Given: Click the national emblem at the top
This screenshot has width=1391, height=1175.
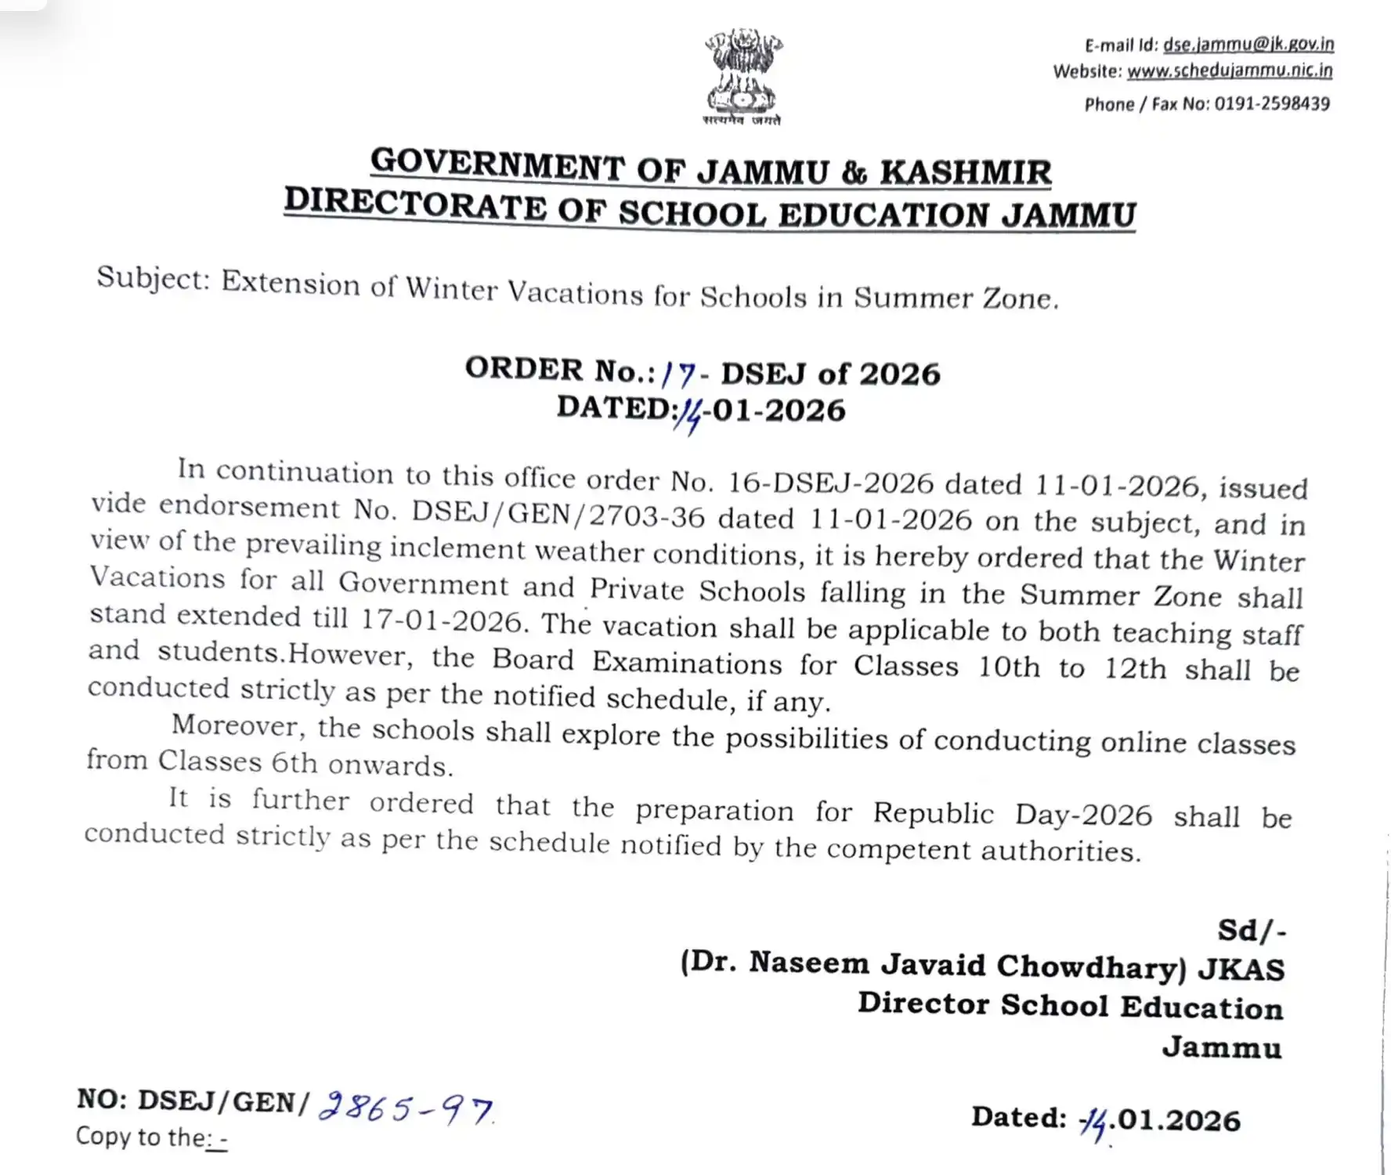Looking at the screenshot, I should (x=742, y=75).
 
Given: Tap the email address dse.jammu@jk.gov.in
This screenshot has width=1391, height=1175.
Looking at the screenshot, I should (x=1248, y=44).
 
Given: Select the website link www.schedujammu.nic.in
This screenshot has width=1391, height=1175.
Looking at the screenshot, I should (x=1230, y=70).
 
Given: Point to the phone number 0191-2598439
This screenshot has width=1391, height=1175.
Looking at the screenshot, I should (x=1272, y=103).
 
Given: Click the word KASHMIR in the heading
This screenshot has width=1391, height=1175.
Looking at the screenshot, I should (x=965, y=172).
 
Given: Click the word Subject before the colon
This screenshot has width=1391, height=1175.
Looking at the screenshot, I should (x=150, y=277).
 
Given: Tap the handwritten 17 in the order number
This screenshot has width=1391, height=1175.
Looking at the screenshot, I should (x=678, y=374).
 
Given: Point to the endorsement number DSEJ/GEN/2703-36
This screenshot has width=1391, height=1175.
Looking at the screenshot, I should (x=558, y=513).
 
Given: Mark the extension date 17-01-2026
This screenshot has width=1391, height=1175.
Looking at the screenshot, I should (x=441, y=620).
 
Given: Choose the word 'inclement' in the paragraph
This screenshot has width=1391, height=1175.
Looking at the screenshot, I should (x=457, y=547).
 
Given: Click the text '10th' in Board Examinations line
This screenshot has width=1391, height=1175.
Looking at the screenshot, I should (x=1009, y=667).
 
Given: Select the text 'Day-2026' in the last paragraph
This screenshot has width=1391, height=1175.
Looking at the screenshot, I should (x=1083, y=815).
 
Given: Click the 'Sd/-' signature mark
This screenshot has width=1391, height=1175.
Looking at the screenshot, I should (x=1251, y=931).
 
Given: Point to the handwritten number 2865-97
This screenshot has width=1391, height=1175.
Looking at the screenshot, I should (x=405, y=1107).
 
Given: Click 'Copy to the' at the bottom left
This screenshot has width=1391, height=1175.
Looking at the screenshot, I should (x=141, y=1137).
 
